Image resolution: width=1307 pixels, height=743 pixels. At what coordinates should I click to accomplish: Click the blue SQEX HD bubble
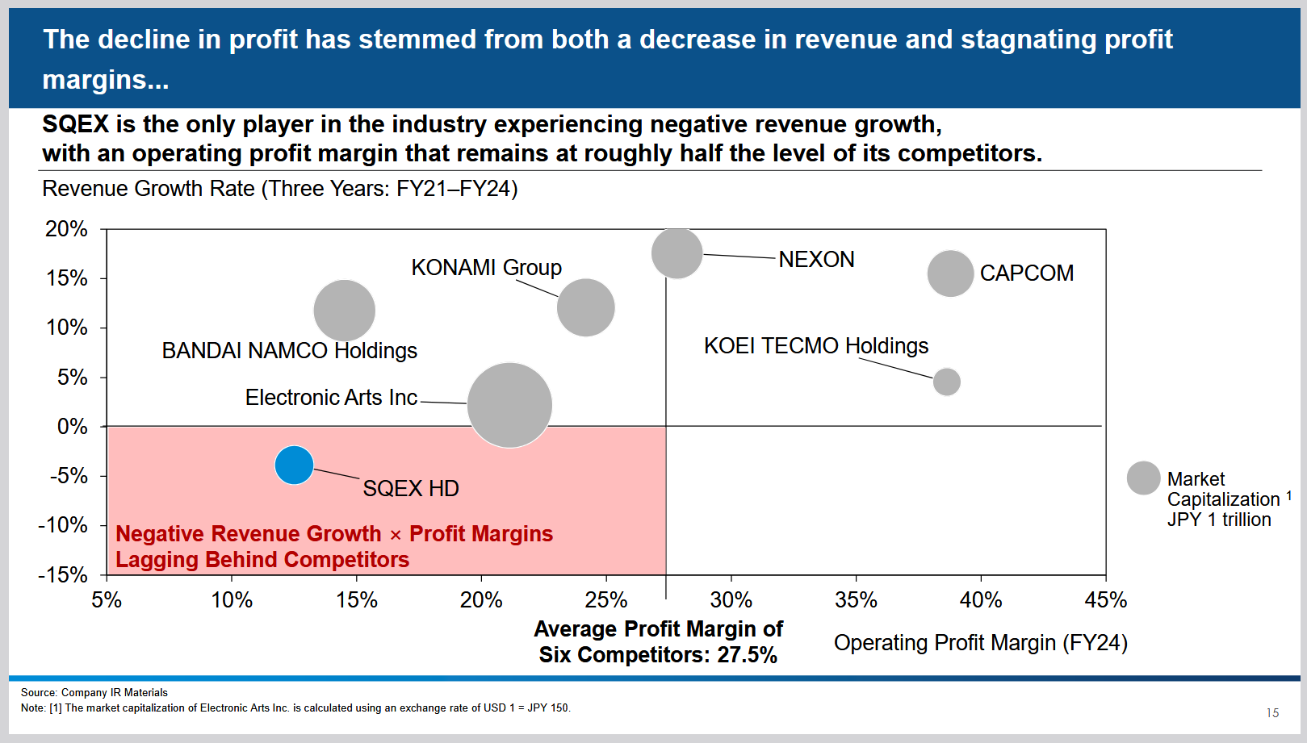(x=294, y=465)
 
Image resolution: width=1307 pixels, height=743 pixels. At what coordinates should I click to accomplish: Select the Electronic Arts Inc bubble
(x=509, y=405)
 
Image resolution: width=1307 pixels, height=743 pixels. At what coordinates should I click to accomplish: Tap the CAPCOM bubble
(x=950, y=273)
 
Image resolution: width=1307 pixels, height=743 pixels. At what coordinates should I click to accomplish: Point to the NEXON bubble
(x=677, y=253)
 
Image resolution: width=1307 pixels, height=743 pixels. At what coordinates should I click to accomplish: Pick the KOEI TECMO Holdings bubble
(x=946, y=382)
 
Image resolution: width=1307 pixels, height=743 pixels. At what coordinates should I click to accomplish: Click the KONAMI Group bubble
(x=585, y=307)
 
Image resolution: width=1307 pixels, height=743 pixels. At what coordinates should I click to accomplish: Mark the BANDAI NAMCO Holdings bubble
(x=345, y=311)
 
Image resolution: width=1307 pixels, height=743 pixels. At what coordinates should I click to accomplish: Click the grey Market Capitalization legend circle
(x=1143, y=478)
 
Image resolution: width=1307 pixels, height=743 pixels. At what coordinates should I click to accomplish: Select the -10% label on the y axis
(x=63, y=525)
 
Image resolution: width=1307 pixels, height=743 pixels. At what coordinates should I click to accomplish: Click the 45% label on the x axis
(x=1105, y=600)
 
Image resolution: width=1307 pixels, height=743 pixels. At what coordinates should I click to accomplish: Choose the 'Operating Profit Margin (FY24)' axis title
(x=980, y=643)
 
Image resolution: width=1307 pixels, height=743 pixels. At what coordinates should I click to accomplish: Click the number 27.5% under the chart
(x=747, y=655)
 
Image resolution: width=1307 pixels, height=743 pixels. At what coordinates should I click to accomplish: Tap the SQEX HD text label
(x=410, y=489)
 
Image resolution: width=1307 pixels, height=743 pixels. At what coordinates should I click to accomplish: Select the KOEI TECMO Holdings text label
(x=815, y=346)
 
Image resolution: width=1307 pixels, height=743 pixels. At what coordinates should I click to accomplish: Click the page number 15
(x=1272, y=713)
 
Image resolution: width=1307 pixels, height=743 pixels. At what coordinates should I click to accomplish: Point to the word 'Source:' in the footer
(x=39, y=692)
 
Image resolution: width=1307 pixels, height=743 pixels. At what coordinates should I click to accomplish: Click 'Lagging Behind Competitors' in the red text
(x=262, y=560)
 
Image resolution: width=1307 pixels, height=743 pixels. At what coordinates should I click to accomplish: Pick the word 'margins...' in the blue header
(x=106, y=80)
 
